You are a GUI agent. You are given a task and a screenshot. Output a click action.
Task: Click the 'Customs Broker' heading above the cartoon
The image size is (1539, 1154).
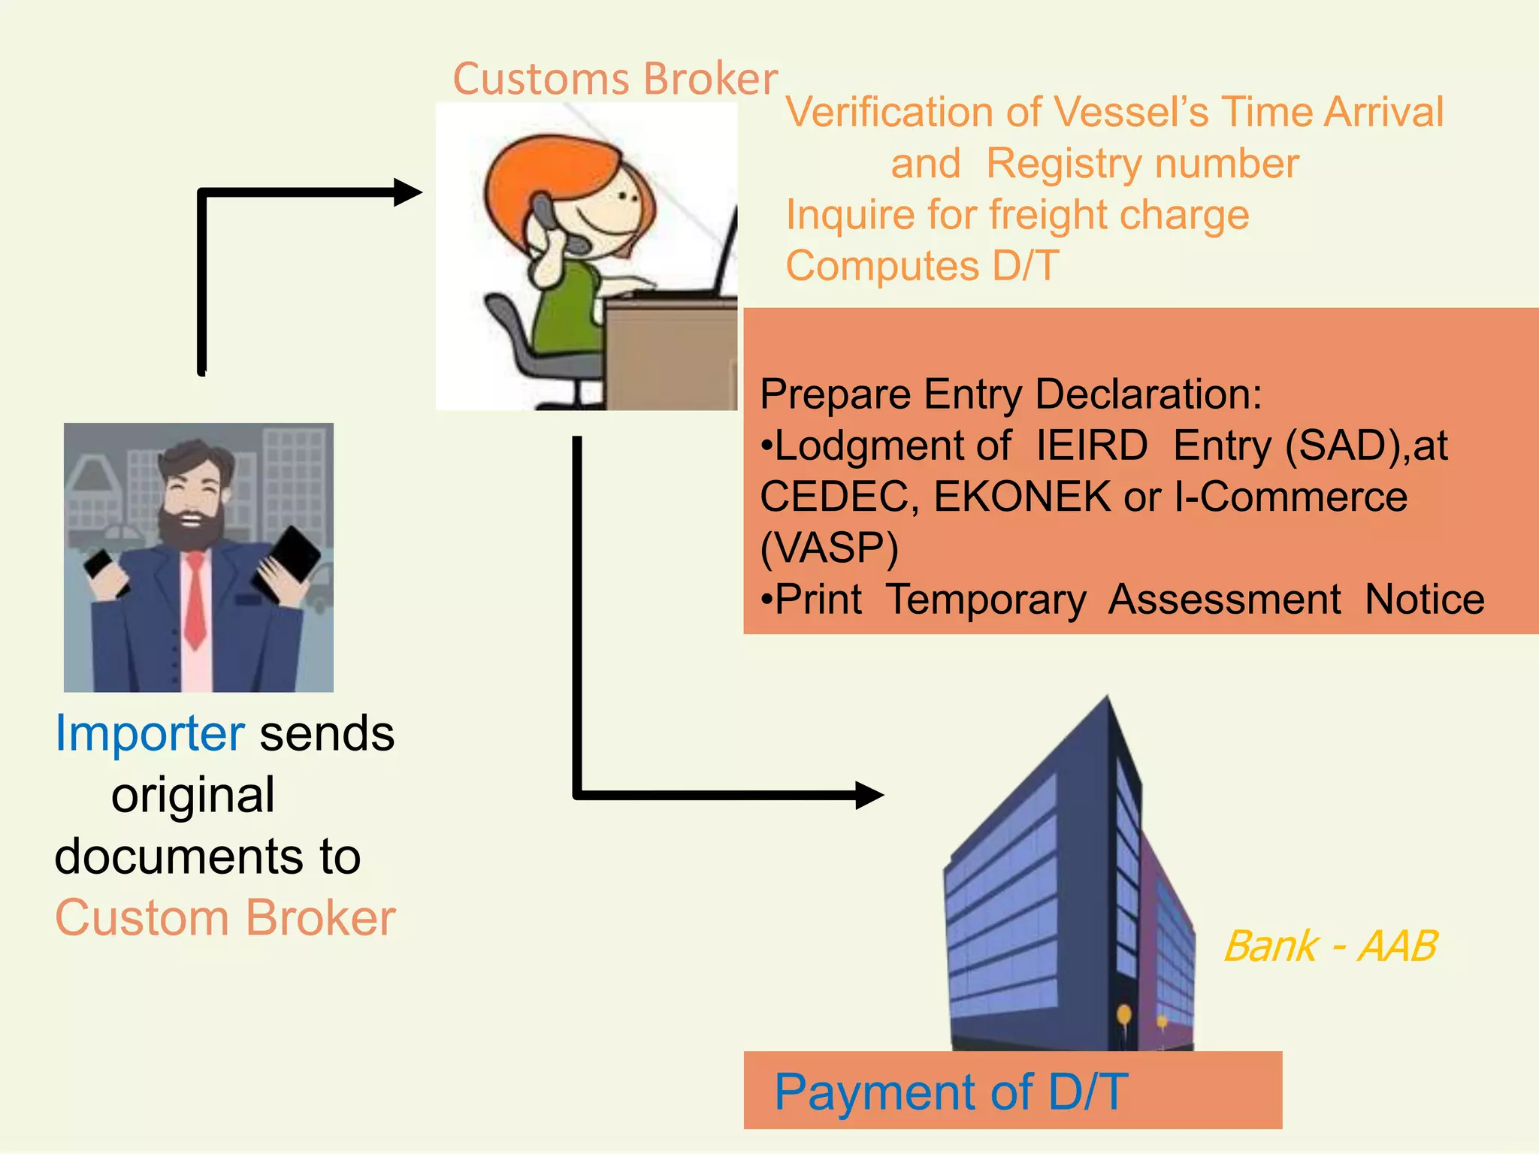pos(615,79)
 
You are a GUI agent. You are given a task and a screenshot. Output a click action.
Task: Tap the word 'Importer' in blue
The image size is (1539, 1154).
pos(150,733)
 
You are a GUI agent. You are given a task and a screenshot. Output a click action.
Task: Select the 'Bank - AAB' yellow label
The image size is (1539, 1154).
pos(1330,946)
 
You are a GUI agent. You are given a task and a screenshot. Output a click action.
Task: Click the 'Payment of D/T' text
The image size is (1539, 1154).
pos(951,1092)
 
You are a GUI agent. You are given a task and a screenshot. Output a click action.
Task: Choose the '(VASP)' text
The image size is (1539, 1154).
pos(829,548)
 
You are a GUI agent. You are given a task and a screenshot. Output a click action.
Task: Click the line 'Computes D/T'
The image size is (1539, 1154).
pos(922,266)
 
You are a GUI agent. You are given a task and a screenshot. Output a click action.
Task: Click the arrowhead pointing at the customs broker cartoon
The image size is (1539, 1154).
pos(407,192)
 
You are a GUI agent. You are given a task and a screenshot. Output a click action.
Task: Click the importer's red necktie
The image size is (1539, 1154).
pos(195,601)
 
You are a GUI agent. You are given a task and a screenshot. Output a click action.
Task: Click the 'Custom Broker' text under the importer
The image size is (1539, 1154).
pos(225,918)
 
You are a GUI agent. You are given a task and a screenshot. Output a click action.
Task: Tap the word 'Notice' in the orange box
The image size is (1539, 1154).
pos(1424,600)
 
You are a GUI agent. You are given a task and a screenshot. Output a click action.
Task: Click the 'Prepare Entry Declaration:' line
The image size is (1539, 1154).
pos(1010,394)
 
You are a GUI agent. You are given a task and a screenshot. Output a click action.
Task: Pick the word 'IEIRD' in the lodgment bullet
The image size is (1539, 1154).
pos(1091,446)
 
